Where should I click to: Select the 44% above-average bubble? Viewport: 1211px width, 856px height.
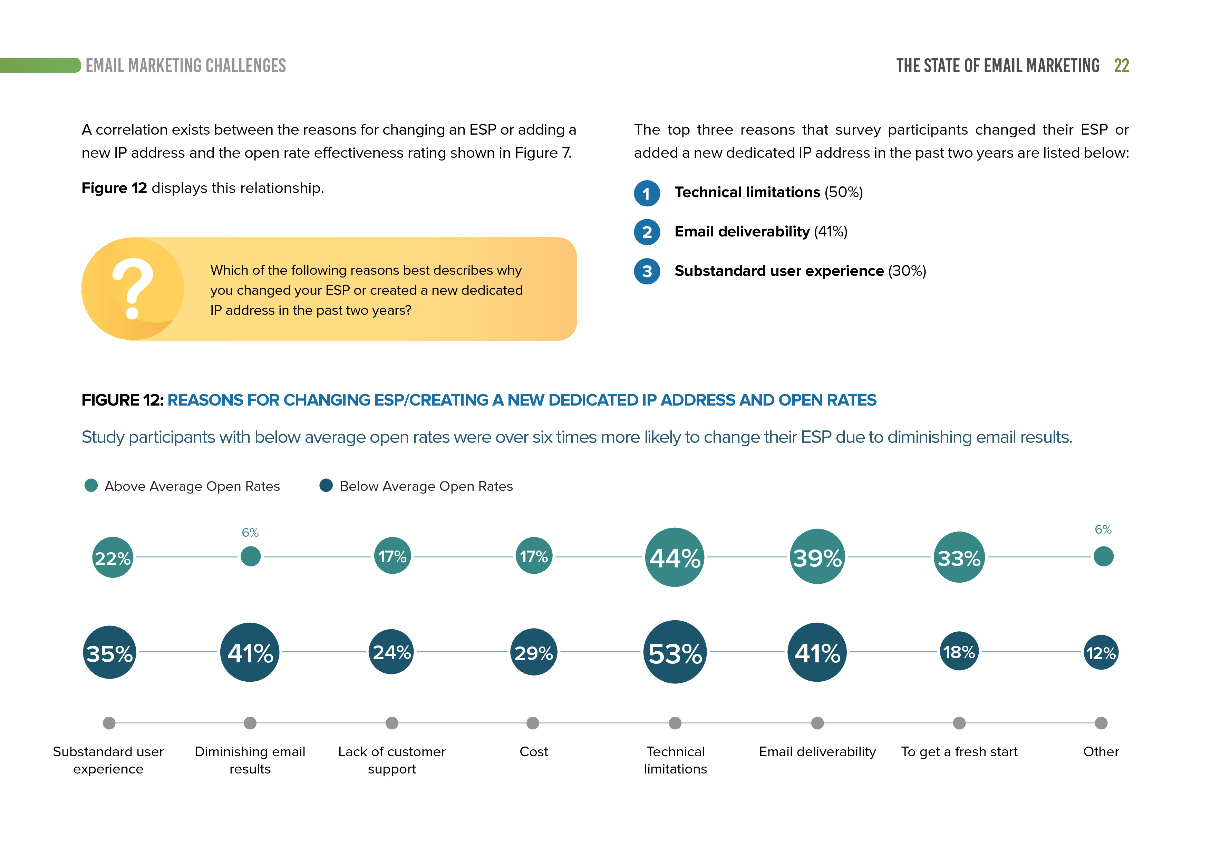click(675, 557)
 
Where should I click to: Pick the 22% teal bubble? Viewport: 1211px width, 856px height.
click(112, 557)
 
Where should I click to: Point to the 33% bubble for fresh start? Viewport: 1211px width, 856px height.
click(959, 557)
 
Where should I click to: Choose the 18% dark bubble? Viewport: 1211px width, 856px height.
click(959, 651)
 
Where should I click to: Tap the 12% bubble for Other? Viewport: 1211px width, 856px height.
click(1101, 652)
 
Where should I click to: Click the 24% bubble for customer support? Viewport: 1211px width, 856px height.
click(391, 652)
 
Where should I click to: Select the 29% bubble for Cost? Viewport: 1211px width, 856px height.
click(533, 652)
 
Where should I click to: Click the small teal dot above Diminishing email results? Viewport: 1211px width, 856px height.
click(251, 556)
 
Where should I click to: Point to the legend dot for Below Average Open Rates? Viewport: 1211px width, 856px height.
click(326, 485)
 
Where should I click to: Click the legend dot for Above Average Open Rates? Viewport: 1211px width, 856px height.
click(91, 485)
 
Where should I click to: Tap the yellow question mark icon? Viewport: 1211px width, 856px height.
click(132, 289)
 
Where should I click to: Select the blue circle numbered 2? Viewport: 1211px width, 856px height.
click(647, 232)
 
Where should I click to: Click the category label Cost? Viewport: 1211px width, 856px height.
click(533, 751)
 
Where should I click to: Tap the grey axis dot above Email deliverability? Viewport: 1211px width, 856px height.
click(817, 723)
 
